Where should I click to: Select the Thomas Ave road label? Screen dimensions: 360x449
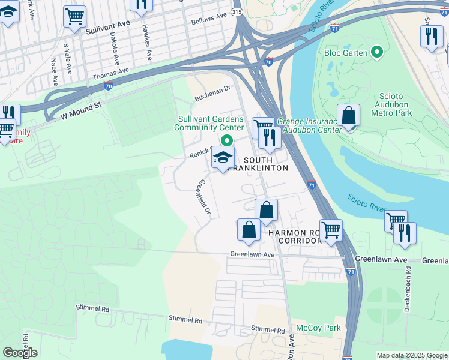pyautogui.click(x=110, y=74)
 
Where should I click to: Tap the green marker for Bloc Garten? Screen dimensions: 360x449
pyautogui.click(x=378, y=52)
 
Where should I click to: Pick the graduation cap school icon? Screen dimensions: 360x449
pyautogui.click(x=223, y=158)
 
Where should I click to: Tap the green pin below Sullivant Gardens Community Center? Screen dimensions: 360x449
pyautogui.click(x=226, y=140)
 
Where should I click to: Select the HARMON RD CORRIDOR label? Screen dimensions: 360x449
pyautogui.click(x=295, y=236)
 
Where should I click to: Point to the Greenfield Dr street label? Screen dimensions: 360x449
pyautogui.click(x=205, y=199)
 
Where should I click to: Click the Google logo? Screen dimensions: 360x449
pyautogui.click(x=20, y=352)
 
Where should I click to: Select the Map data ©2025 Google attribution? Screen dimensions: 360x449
pyautogui.click(x=411, y=355)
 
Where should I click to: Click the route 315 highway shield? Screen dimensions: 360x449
pyautogui.click(x=237, y=11)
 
